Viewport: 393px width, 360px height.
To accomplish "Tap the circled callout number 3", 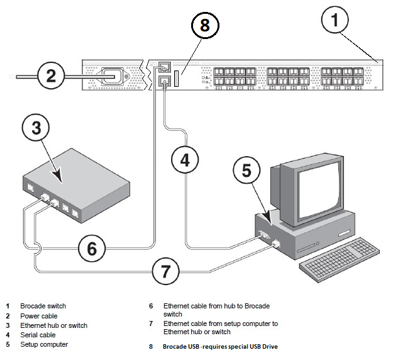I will pyautogui.click(x=36, y=128).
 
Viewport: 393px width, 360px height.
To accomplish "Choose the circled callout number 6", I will pyautogui.click(x=92, y=249).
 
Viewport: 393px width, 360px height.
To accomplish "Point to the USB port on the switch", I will pyautogui.click(x=177, y=81).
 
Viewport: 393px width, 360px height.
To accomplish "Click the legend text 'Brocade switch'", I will pyautogui.click(x=43, y=307).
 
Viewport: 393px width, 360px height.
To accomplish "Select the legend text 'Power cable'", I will pyautogui.click(x=39, y=316).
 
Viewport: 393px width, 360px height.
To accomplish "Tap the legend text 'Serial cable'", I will pyautogui.click(x=38, y=335).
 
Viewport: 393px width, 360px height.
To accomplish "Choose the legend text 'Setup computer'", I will pyautogui.click(x=44, y=344).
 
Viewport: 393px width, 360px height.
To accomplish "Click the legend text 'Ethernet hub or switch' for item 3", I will pyautogui.click(x=53, y=325).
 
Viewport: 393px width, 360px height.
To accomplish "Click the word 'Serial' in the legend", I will pyautogui.click(x=29, y=335).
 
